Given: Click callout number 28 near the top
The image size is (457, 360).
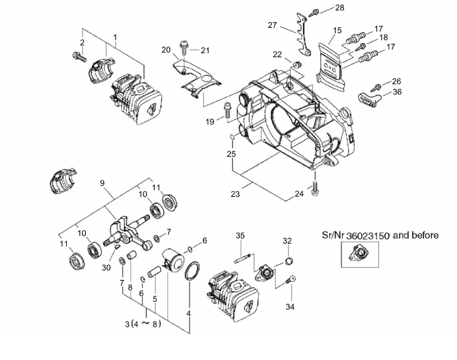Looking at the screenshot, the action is (x=340, y=7).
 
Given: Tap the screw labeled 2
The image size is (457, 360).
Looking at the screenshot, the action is (x=79, y=57).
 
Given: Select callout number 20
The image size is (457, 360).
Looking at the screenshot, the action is (x=166, y=50).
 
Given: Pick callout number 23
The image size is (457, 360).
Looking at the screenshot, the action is (x=235, y=194).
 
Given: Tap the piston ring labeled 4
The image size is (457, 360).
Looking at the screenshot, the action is (x=191, y=271).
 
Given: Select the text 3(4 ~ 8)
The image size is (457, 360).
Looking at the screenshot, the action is (x=143, y=324).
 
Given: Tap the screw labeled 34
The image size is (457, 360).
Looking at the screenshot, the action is (x=290, y=279).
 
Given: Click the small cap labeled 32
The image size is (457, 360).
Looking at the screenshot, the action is (x=288, y=261).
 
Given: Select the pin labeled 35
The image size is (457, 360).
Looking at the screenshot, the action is (x=243, y=258).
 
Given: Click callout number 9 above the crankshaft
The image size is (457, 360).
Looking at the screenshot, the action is (x=102, y=183).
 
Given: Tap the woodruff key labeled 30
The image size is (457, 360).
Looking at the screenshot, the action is (x=117, y=247).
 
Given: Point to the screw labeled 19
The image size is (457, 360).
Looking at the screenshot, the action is (x=227, y=110).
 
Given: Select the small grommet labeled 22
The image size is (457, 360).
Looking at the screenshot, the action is (x=297, y=64).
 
